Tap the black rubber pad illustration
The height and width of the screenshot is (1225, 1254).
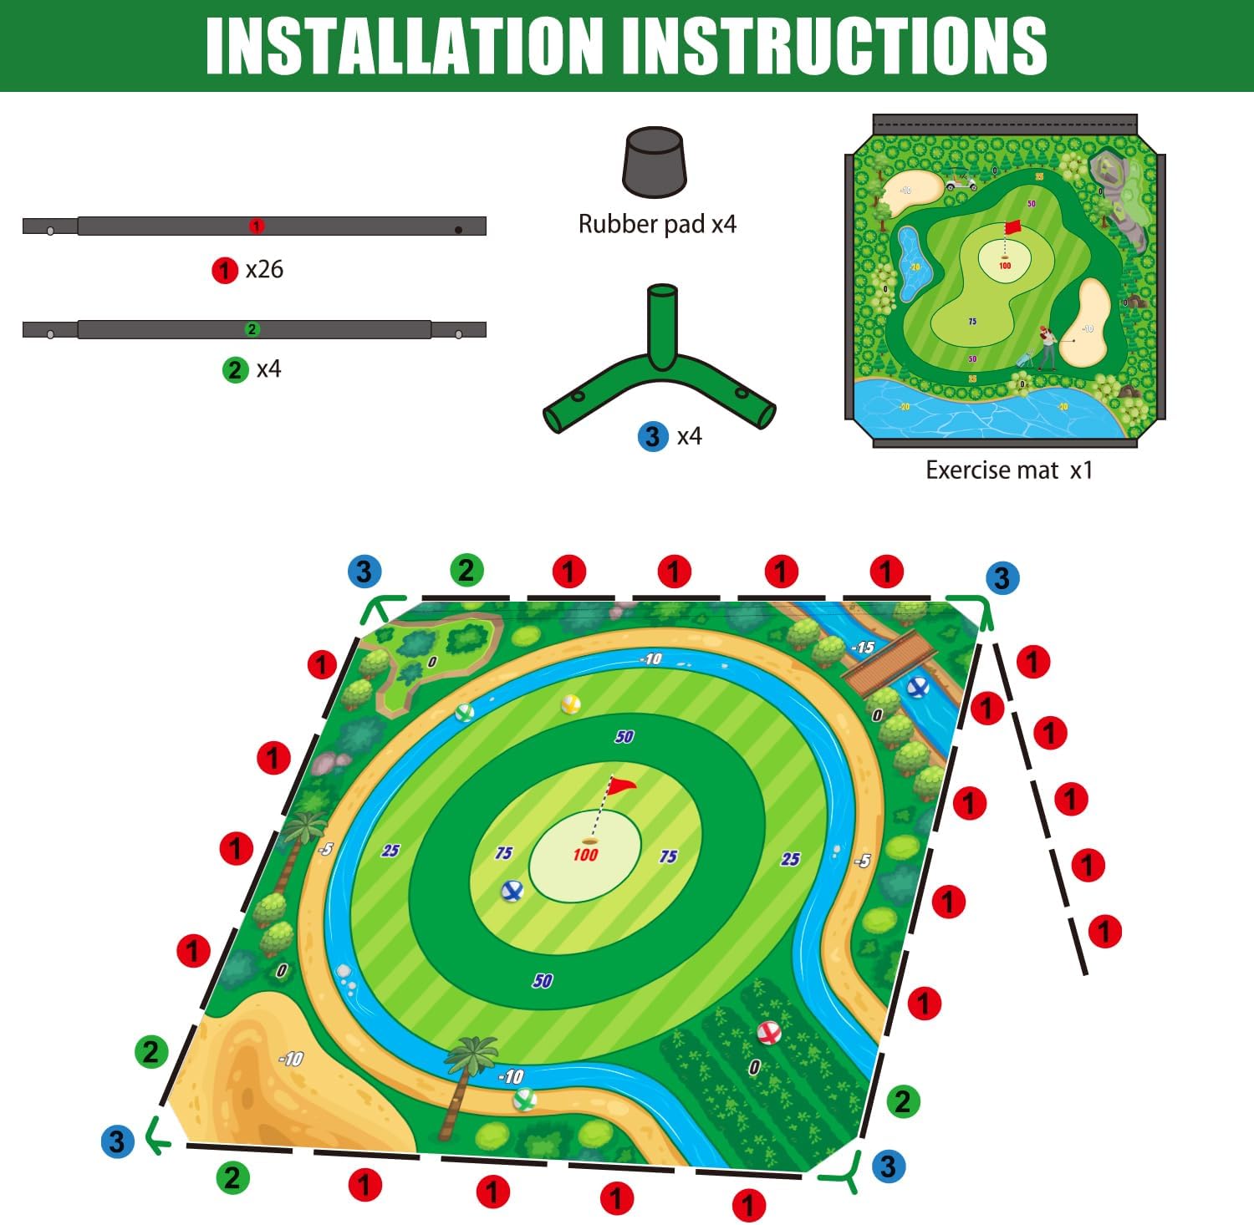click(x=654, y=162)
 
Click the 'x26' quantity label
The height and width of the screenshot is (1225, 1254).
click(x=263, y=269)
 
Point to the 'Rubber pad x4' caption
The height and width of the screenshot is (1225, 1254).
click(x=657, y=224)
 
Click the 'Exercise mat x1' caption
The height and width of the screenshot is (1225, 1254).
click(x=1008, y=470)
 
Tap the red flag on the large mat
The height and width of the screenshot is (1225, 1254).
click(x=621, y=785)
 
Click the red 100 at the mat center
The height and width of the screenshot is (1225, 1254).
click(x=585, y=854)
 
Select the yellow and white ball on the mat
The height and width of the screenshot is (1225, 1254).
click(x=571, y=704)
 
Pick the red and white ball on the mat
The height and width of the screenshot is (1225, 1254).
click(x=768, y=1033)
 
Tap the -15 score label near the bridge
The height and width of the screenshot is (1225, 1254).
click(x=862, y=648)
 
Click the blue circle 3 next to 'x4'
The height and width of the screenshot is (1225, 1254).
click(x=652, y=436)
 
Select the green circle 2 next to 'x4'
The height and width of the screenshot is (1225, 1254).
click(x=236, y=369)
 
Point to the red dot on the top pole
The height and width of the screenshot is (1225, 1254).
click(x=257, y=226)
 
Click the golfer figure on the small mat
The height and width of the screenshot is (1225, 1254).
click(x=1046, y=344)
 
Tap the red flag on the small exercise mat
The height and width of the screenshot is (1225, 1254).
click(x=1012, y=226)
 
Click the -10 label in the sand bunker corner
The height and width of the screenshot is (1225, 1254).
click(x=290, y=1059)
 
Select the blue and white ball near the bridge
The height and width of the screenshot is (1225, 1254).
click(x=917, y=687)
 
